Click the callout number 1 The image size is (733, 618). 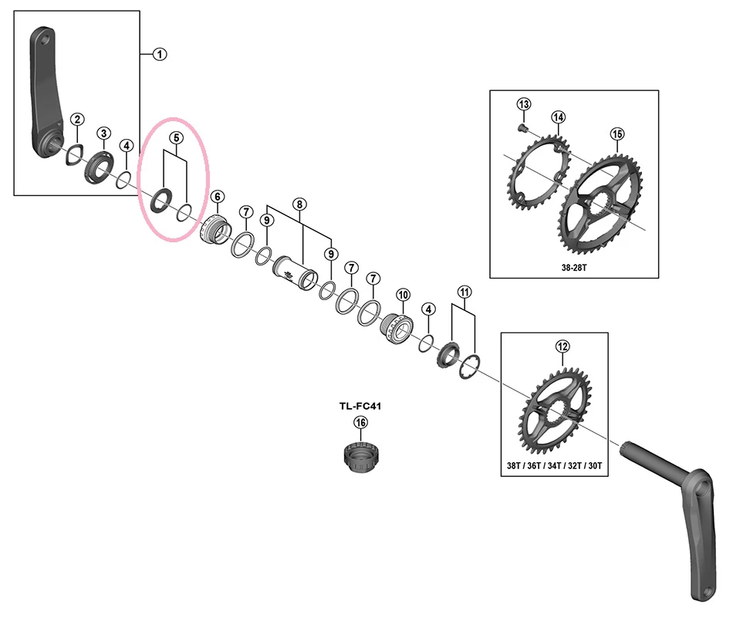160,54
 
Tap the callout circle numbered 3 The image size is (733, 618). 103,133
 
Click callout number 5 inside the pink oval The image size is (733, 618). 177,138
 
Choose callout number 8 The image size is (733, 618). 299,204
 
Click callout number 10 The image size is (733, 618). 402,295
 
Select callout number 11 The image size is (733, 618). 463,292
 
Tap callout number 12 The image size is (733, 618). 562,347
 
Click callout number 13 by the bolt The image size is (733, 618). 524,104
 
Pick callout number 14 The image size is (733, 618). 558,117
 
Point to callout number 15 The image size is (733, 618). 616,134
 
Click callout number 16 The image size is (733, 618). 360,422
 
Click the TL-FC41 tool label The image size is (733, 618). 360,404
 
